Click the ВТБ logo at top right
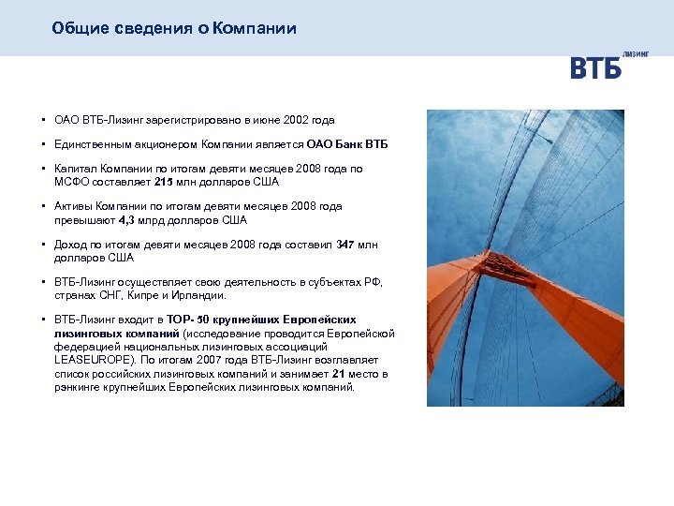[595, 67]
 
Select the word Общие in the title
[75, 28]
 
